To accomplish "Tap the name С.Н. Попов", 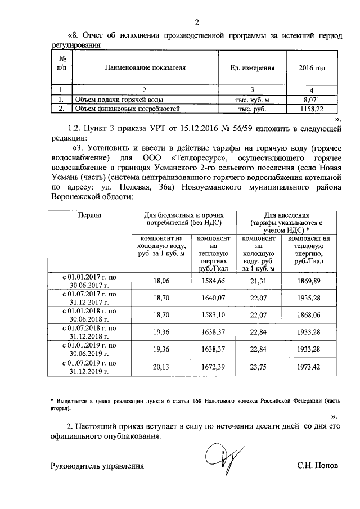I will pos(318,466).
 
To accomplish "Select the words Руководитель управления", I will pos(97,466).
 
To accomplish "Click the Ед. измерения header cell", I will pos(253,68).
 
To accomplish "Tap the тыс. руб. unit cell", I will pos(253,109).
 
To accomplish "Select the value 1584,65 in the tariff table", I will pos(213,280).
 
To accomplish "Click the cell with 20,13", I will pos(161,367).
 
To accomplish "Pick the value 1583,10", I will pos(213,315).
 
